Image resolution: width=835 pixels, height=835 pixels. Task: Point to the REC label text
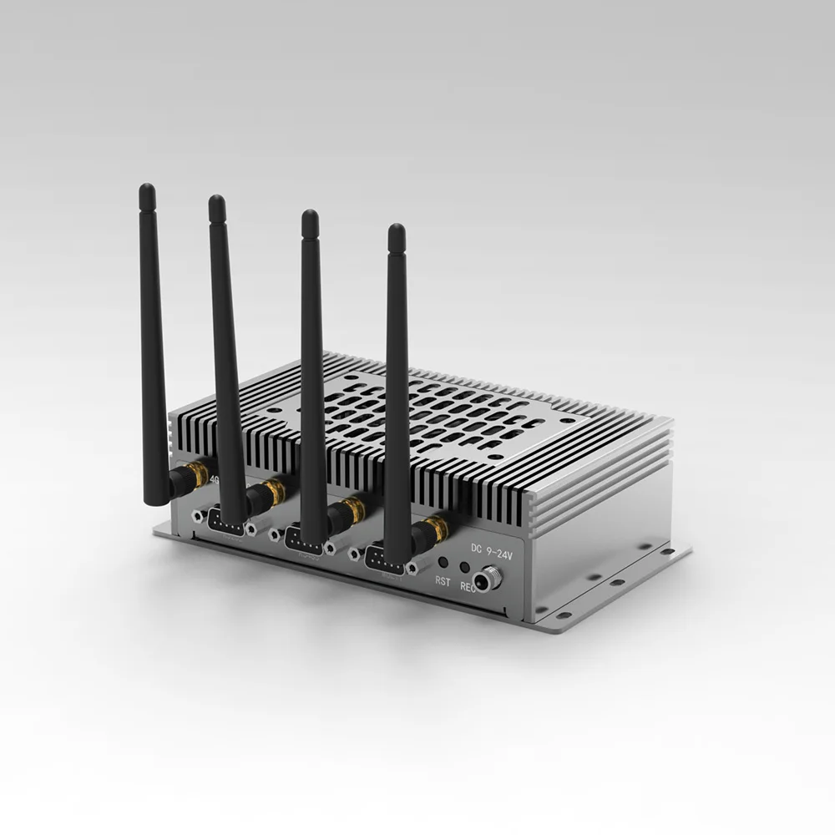click(x=468, y=587)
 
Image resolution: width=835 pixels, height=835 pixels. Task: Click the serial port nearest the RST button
click(x=386, y=559)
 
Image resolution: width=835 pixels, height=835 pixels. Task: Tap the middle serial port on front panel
click(x=305, y=539)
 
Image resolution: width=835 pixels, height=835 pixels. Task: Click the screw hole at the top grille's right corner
click(x=567, y=421)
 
